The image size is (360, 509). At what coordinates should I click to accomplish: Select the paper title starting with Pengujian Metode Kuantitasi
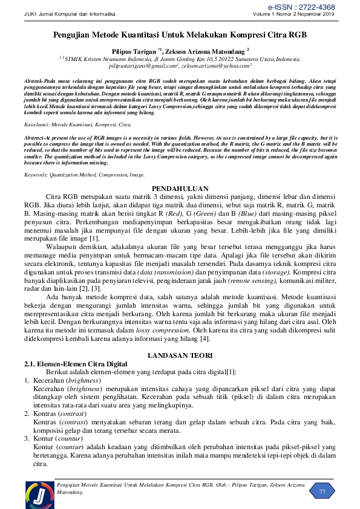coord(180,36)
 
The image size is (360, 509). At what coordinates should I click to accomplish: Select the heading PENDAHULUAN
coord(180,189)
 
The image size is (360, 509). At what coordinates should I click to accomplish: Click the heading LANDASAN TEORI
coord(180,355)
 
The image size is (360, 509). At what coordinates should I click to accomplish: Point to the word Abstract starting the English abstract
coord(35,137)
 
